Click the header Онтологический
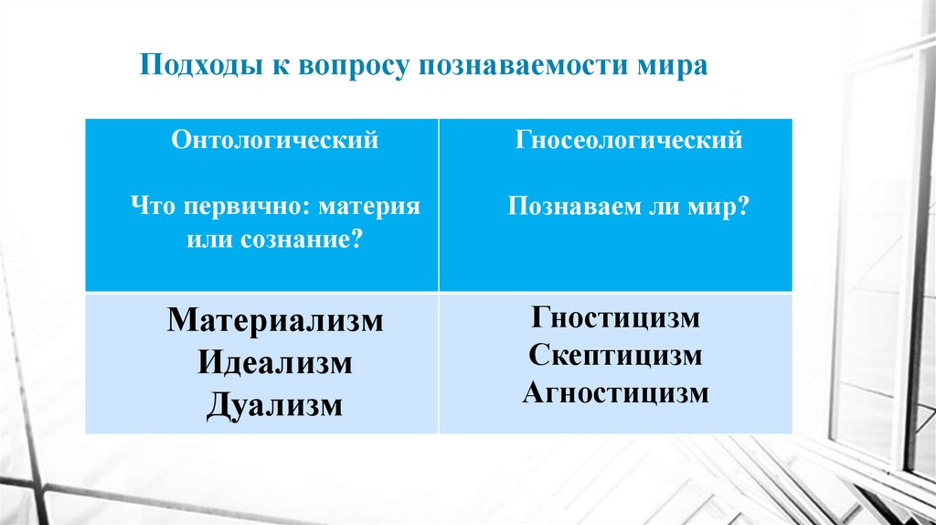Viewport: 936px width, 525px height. point(275,142)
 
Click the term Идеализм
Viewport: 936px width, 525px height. point(275,362)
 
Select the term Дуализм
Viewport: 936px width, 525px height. point(275,402)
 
